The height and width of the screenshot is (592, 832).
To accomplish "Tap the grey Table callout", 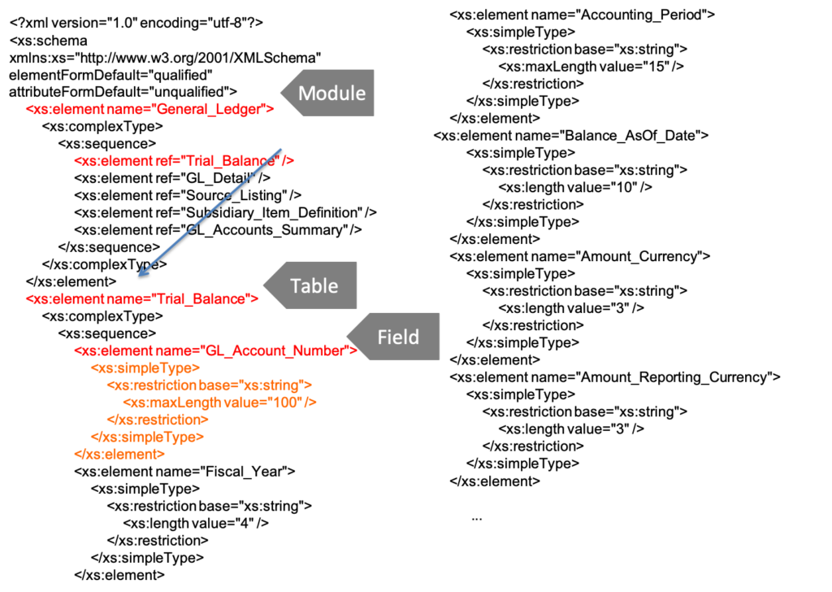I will pyautogui.click(x=314, y=285).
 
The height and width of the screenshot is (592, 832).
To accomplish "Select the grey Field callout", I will pyautogui.click(x=398, y=337).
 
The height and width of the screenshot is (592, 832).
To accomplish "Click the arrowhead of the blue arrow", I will pyautogui.click(x=141, y=275).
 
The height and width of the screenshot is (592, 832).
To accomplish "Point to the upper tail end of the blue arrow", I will pyautogui.click(x=280, y=149).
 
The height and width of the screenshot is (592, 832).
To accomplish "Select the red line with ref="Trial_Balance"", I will pyautogui.click(x=184, y=161).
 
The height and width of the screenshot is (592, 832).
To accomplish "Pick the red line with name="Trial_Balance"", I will pyautogui.click(x=141, y=299).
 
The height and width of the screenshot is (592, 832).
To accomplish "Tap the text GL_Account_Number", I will pyautogui.click(x=275, y=350).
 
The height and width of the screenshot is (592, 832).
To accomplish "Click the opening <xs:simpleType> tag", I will pyautogui.click(x=145, y=368).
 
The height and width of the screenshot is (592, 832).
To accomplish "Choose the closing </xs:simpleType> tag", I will pyautogui.click(x=146, y=437).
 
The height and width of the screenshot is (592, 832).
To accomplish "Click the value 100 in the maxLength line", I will pyautogui.click(x=288, y=403).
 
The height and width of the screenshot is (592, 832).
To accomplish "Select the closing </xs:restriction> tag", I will pyautogui.click(x=157, y=420).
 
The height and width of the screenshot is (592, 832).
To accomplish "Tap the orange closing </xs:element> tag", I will pyautogui.click(x=119, y=455).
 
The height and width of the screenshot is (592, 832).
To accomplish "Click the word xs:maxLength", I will pyautogui.click(x=171, y=403).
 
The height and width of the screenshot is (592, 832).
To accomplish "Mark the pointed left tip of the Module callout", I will pyautogui.click(x=281, y=93).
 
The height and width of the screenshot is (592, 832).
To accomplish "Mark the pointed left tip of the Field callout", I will pyautogui.click(x=347, y=337).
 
